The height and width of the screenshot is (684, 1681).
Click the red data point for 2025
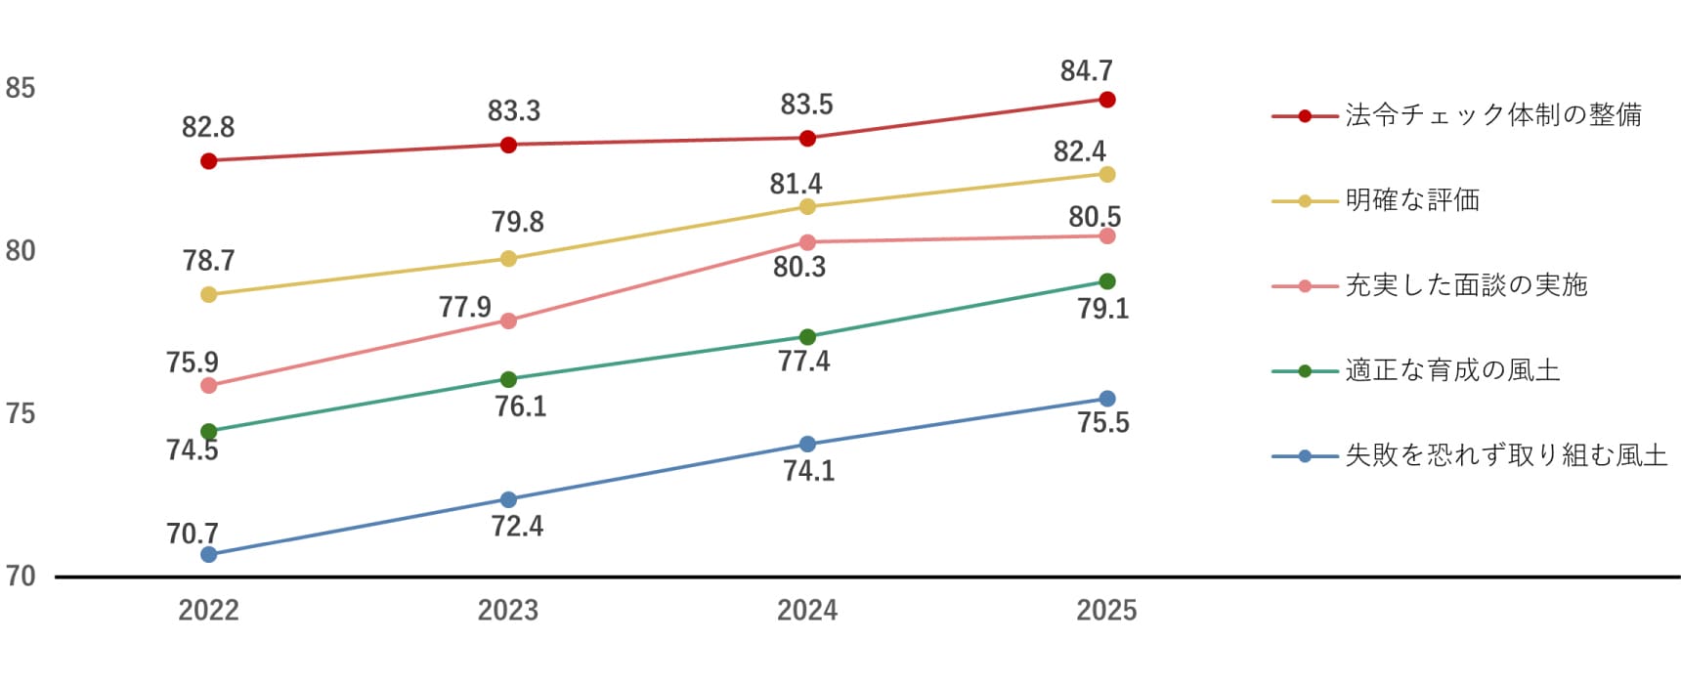pos(1107,100)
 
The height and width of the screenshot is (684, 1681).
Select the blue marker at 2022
pos(208,555)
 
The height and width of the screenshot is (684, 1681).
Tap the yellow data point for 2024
pos(807,207)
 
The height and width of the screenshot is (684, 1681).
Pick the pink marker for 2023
pos(508,321)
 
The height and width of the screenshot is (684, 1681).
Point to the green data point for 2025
pos(1107,281)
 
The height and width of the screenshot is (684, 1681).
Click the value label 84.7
pos(1086,71)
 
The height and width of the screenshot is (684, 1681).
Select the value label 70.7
pos(192,534)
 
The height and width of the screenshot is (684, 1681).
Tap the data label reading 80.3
pos(798,267)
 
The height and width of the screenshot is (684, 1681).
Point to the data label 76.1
pos(520,406)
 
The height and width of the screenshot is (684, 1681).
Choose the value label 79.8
pos(517,222)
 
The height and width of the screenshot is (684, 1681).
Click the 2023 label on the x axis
pos(507,611)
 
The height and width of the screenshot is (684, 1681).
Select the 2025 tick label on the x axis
pos(1106,611)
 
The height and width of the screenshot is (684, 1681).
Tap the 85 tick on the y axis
pos(21,89)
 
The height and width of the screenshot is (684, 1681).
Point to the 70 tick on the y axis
pos(21,577)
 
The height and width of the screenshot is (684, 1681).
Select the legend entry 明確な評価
pos(1412,200)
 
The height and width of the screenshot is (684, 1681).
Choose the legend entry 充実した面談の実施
pos(1466,285)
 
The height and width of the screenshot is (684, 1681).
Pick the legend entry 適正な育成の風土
pos(1452,370)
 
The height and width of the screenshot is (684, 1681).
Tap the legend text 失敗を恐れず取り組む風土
pos(1506,455)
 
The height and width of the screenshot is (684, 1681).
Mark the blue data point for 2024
pos(807,445)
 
